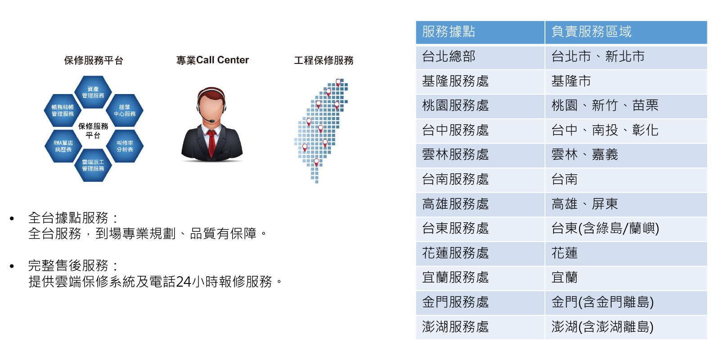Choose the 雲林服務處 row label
point(455,155)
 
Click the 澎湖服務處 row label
point(455,327)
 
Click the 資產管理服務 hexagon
point(93,92)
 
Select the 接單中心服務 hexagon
point(125,110)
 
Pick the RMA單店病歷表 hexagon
point(63,146)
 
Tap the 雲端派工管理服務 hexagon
point(93,165)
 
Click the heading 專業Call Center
point(212,60)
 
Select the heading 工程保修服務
point(324,60)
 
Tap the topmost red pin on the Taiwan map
point(338,83)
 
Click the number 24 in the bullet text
point(184,282)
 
